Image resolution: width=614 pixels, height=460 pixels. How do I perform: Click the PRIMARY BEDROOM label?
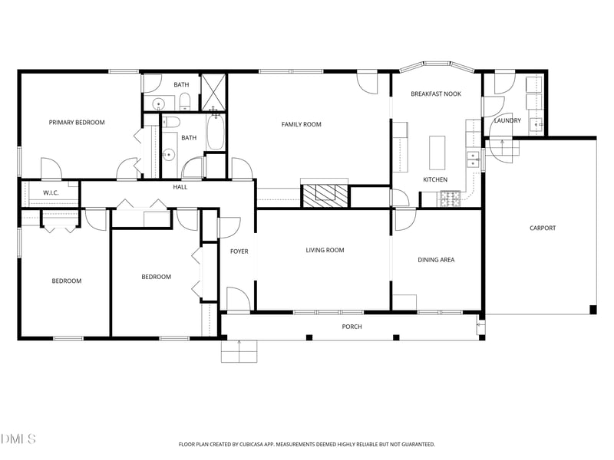tap(77, 122)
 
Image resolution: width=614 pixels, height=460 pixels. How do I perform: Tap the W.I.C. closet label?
tap(51, 192)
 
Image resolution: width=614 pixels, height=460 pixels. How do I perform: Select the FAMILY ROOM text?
tap(301, 124)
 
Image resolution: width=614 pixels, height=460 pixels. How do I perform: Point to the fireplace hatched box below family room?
tap(324, 195)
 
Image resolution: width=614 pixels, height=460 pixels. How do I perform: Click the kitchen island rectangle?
tap(437, 153)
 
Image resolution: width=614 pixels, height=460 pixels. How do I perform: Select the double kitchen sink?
tap(473, 159)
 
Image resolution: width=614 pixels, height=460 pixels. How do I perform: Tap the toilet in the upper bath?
tap(184, 102)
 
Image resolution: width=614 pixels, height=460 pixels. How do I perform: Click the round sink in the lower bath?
tap(169, 154)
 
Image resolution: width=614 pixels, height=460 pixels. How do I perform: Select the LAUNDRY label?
tap(507, 120)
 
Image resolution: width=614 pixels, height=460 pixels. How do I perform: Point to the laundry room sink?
tap(536, 124)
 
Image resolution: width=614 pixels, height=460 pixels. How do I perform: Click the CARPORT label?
tap(542, 228)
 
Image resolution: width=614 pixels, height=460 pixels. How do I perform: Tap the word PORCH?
tap(352, 327)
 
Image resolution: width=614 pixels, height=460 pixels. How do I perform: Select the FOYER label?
tap(239, 251)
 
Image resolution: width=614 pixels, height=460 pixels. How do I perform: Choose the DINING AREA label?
tap(436, 260)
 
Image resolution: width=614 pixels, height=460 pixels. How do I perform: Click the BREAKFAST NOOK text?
tap(435, 94)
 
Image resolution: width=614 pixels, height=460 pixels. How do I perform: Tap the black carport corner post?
tap(593, 310)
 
